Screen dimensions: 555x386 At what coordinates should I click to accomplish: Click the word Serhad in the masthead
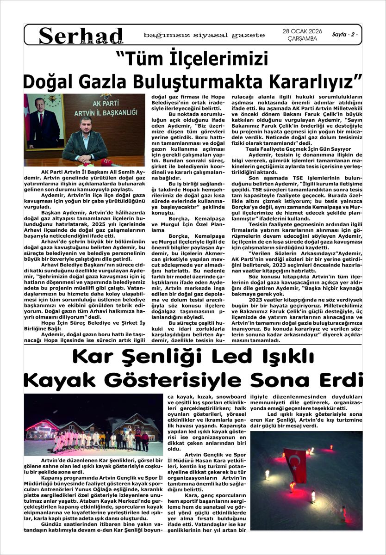click(x=81, y=35)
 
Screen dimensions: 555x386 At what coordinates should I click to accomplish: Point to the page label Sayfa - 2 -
click(x=345, y=35)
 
